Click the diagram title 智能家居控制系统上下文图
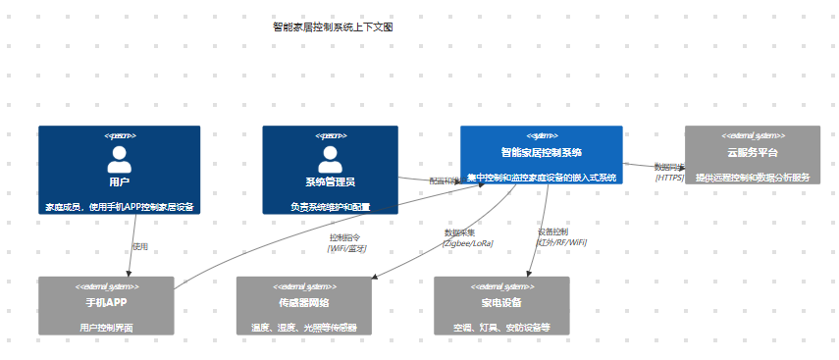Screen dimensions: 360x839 click(x=333, y=27)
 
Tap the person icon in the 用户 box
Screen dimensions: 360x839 click(x=120, y=158)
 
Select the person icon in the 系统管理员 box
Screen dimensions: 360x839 click(x=330, y=158)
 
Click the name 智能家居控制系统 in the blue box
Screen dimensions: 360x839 click(x=542, y=152)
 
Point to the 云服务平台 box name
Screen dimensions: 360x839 click(x=753, y=152)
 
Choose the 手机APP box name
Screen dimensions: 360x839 click(x=108, y=302)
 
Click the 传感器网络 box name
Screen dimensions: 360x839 click(x=304, y=302)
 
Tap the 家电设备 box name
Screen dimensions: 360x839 click(x=501, y=302)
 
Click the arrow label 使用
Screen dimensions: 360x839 click(x=140, y=246)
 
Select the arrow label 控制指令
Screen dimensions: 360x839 click(x=346, y=237)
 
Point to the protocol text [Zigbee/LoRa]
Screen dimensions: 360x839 click(x=468, y=241)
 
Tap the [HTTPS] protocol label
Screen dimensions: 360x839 click(x=670, y=178)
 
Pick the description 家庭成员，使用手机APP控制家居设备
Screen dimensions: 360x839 click(x=120, y=207)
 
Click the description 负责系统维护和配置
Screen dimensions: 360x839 click(x=330, y=207)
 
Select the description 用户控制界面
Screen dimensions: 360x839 click(x=108, y=328)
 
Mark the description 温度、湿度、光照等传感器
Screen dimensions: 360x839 click(x=304, y=328)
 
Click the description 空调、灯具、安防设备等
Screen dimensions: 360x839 click(x=501, y=328)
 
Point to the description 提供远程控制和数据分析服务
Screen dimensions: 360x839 click(x=753, y=178)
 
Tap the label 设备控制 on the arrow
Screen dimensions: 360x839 click(x=552, y=231)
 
